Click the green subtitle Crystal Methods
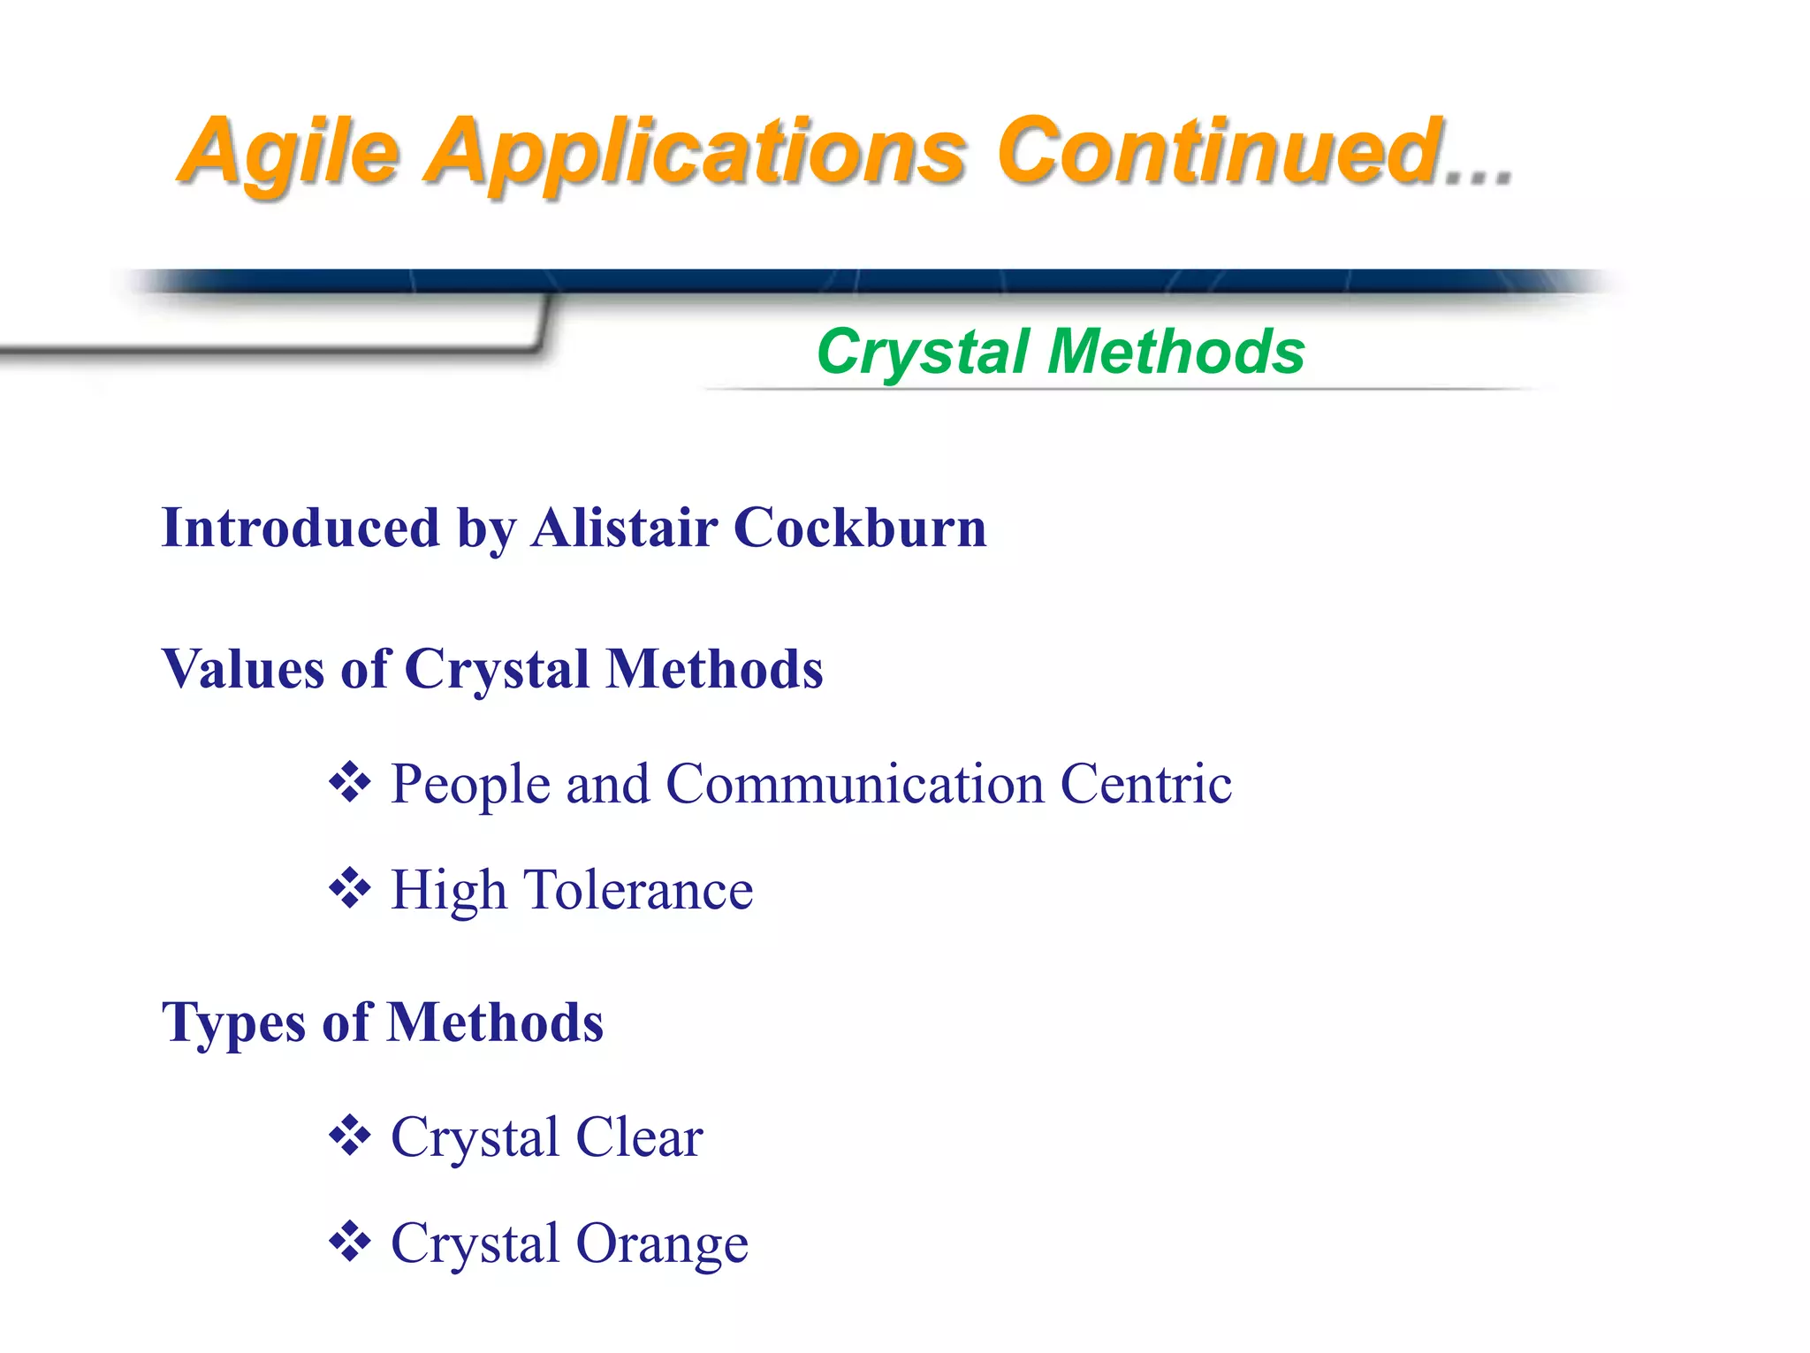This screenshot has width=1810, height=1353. click(x=1060, y=352)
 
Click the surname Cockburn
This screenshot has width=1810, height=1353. click(x=859, y=528)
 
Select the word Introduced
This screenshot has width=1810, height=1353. click(x=300, y=528)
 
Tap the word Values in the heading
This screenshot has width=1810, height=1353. click(x=242, y=668)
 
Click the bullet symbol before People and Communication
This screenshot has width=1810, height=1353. click(x=350, y=782)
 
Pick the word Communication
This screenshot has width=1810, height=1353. click(x=855, y=784)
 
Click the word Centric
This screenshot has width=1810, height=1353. click(x=1145, y=784)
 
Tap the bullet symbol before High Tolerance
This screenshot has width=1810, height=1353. click(x=350, y=888)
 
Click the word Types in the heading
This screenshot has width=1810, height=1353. click(x=233, y=1023)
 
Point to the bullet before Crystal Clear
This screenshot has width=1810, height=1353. click(x=350, y=1136)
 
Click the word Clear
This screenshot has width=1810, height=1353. click(x=639, y=1137)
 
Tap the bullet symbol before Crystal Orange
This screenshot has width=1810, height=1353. click(x=350, y=1242)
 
